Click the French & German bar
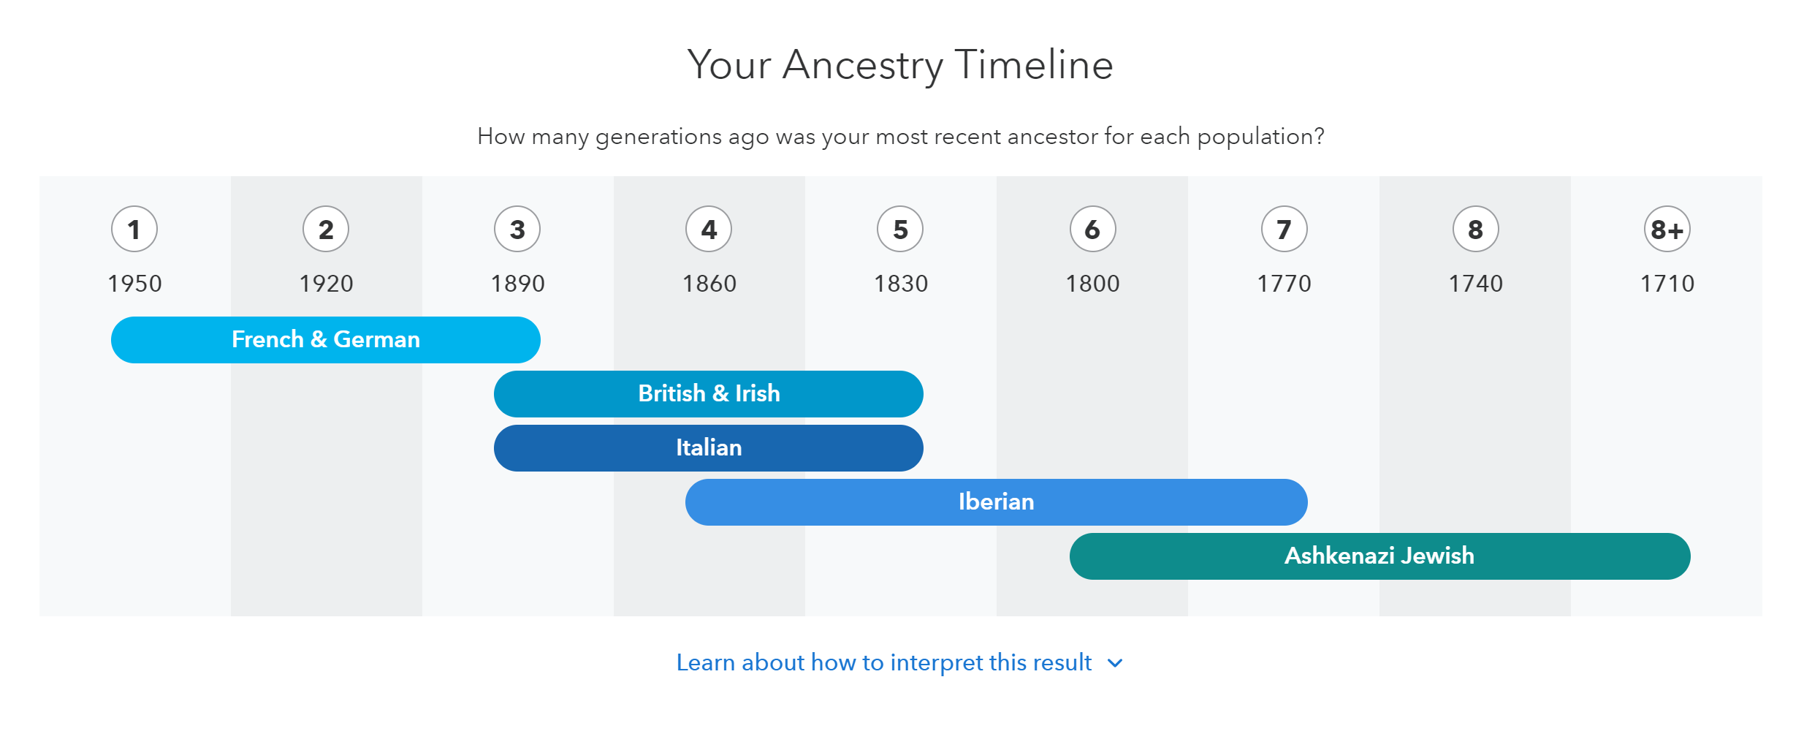[326, 340]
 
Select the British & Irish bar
[709, 394]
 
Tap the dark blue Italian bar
[709, 448]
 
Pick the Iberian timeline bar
[997, 502]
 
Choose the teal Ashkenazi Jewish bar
[1380, 556]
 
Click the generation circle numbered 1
[134, 230]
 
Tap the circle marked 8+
[1667, 230]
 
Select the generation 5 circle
[900, 230]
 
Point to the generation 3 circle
[517, 230]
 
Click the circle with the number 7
[1285, 230]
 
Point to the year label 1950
[134, 284]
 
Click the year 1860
[709, 284]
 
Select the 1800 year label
[1092, 284]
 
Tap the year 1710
[1667, 284]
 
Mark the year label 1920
[326, 284]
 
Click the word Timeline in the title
[1034, 64]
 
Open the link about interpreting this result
[884, 663]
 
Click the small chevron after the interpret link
[1115, 664]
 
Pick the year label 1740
[1476, 284]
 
